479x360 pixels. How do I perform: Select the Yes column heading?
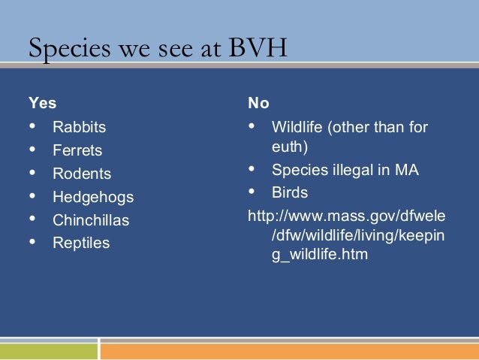42,102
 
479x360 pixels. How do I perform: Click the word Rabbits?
79,127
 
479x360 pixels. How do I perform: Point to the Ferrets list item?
77,150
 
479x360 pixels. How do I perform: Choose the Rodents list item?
81,174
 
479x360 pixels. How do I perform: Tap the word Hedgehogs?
92,197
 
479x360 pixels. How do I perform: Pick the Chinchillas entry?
90,220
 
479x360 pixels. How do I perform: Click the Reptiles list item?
80,243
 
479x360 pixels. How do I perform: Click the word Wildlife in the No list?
297,127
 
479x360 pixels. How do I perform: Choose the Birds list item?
289,193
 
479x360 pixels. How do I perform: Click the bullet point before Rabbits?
32,127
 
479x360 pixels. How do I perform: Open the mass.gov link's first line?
346,216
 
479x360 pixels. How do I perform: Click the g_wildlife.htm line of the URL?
320,255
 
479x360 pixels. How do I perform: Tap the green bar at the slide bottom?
49,352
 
